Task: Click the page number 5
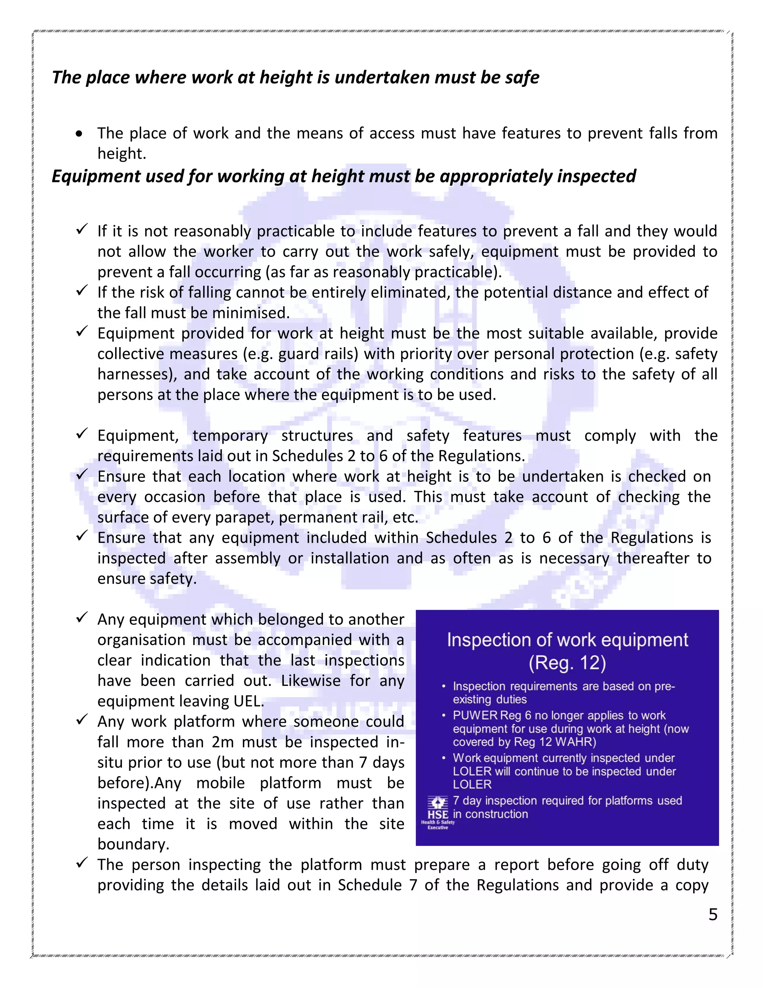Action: point(713,914)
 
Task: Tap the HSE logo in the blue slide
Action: point(437,813)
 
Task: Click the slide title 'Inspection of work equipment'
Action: point(567,640)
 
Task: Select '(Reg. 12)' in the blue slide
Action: point(567,663)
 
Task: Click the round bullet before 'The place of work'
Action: point(80,134)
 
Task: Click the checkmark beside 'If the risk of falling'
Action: point(81,291)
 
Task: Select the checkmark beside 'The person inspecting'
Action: point(81,863)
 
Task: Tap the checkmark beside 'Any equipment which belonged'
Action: point(81,618)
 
